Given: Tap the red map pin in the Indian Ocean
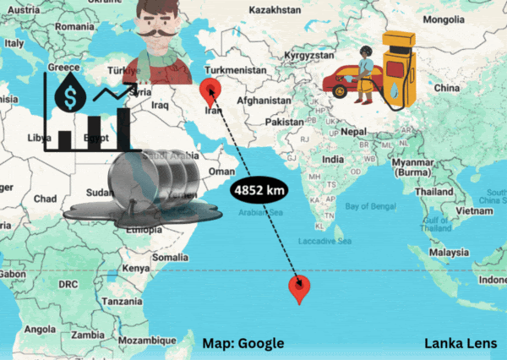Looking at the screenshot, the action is click(298, 287).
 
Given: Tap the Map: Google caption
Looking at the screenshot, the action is click(243, 343).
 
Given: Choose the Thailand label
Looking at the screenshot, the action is click(433, 192).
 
